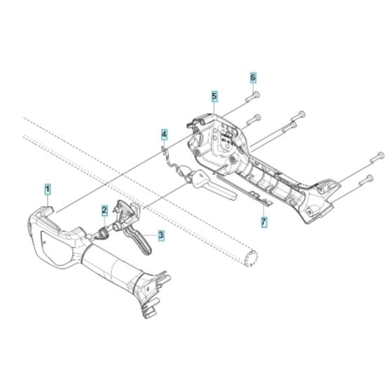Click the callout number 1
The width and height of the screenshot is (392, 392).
pyautogui.click(x=48, y=188)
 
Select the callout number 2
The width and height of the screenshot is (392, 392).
pyautogui.click(x=104, y=210)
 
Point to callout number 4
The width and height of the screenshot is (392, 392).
pyautogui.click(x=163, y=133)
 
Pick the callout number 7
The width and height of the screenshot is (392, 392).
pyautogui.click(x=264, y=222)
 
